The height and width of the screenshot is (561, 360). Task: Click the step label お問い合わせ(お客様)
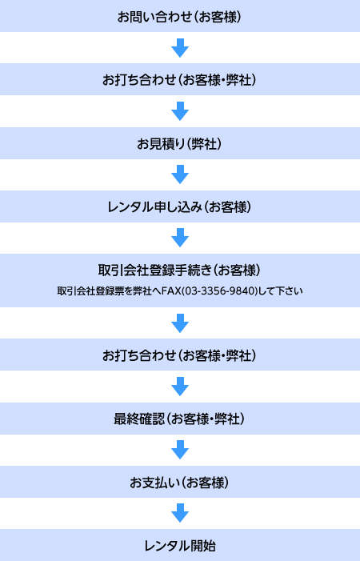[179, 17]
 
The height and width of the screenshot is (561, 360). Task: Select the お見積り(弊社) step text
[179, 144]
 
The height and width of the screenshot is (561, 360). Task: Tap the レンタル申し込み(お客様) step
[179, 207]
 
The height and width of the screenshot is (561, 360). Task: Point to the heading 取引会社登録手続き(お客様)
[179, 270]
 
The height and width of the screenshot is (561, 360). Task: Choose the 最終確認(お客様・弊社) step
[179, 419]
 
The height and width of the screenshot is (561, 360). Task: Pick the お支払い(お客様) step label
[179, 483]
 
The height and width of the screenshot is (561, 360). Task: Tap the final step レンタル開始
[180, 546]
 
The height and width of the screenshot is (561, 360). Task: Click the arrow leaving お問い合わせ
[180, 48]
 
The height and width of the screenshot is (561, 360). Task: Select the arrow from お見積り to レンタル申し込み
[180, 174]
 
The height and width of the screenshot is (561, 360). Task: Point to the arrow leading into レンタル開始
[180, 513]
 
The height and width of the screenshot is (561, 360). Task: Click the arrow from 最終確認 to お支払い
[180, 450]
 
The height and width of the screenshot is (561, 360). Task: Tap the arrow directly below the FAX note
[180, 323]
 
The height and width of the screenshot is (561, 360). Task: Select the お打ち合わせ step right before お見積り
[179, 80]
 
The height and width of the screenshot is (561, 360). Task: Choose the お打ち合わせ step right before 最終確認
[179, 355]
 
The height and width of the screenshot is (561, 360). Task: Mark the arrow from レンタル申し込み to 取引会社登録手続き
[180, 238]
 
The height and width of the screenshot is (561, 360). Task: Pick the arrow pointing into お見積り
[180, 111]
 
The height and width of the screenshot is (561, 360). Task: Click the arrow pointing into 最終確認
[180, 387]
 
